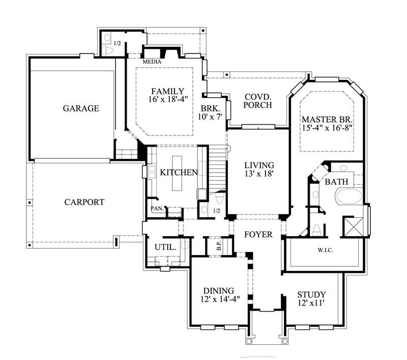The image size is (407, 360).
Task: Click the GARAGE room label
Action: [x=80, y=108]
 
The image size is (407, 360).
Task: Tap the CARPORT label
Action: [x=84, y=202]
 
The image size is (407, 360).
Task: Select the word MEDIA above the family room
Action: [x=152, y=62]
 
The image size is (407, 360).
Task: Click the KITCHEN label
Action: [x=179, y=173]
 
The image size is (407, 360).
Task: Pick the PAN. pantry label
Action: [x=156, y=208]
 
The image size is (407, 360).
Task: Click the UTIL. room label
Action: [x=165, y=246]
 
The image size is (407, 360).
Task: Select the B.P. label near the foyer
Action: [x=218, y=246]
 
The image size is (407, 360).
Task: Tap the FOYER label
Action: [x=258, y=235]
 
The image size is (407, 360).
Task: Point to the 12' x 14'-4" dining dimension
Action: [x=220, y=299]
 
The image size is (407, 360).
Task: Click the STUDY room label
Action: [x=311, y=295]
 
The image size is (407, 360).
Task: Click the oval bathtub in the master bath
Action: [x=348, y=197]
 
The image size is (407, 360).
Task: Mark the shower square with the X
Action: [x=352, y=225]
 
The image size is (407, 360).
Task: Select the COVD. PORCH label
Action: [x=257, y=101]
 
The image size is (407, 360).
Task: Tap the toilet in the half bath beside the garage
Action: [x=107, y=50]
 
